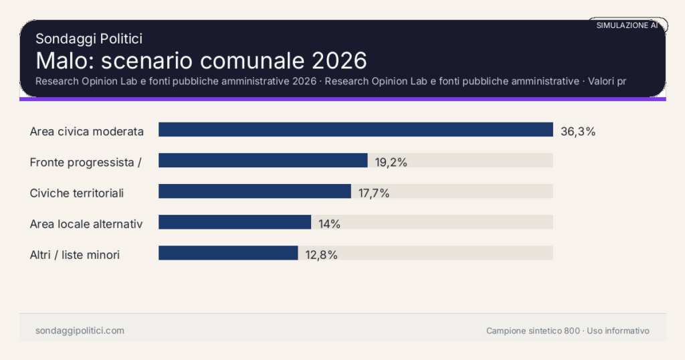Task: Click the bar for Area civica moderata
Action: (x=355, y=130)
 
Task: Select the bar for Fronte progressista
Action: (x=263, y=161)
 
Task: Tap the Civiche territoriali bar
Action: (x=254, y=191)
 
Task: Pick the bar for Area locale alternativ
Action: (x=234, y=222)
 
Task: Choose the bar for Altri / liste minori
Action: (x=227, y=253)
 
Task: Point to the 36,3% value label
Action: (x=578, y=131)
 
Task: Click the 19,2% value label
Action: (x=390, y=162)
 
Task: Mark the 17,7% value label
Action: (x=373, y=193)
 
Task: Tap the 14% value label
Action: (x=329, y=223)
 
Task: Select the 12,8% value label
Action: (x=320, y=254)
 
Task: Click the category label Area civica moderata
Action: (x=87, y=131)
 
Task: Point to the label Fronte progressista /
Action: (x=86, y=162)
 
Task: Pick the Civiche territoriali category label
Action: (x=77, y=193)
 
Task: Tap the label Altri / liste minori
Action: (x=75, y=254)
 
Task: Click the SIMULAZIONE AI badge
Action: (x=627, y=25)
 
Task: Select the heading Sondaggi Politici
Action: (x=88, y=39)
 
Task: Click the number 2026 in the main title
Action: (x=339, y=60)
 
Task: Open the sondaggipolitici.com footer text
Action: (x=80, y=331)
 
